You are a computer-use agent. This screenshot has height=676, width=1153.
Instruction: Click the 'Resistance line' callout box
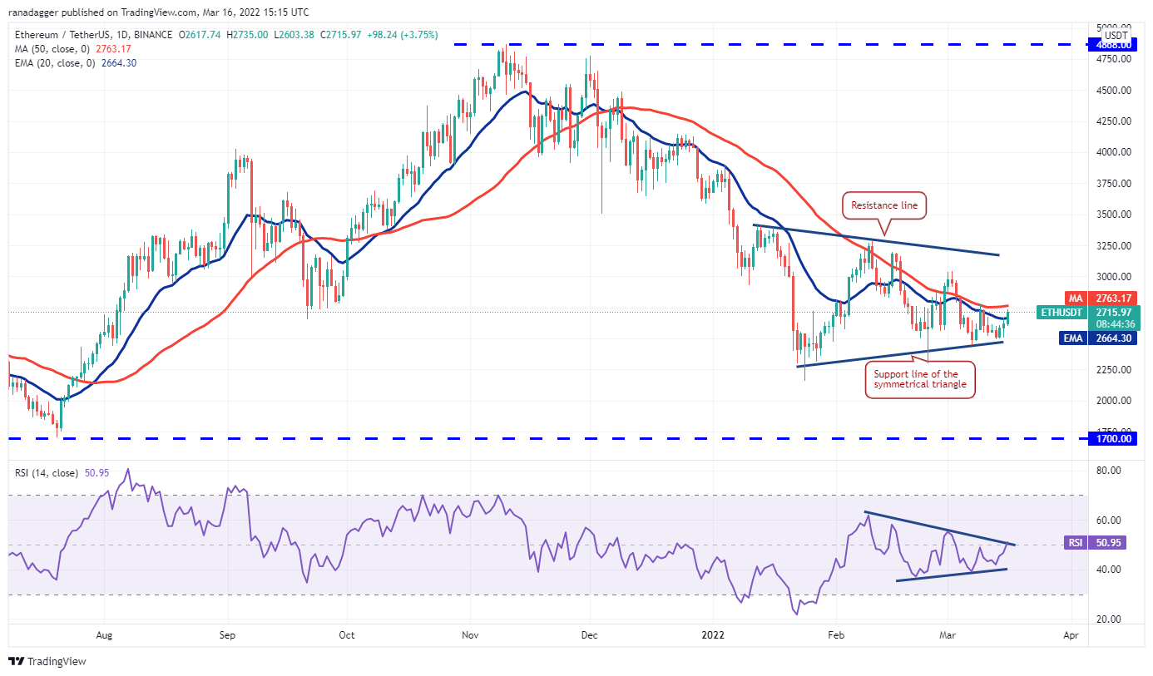[x=884, y=205]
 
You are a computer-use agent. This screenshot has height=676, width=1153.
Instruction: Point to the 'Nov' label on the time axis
[x=469, y=635]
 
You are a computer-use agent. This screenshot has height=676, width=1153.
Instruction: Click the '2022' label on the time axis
[x=713, y=635]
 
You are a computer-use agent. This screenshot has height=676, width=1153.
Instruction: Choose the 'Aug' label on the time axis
[x=103, y=635]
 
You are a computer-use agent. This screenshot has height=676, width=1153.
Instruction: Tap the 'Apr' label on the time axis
[x=1071, y=635]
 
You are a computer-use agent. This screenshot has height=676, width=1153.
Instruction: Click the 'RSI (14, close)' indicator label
[x=46, y=473]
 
